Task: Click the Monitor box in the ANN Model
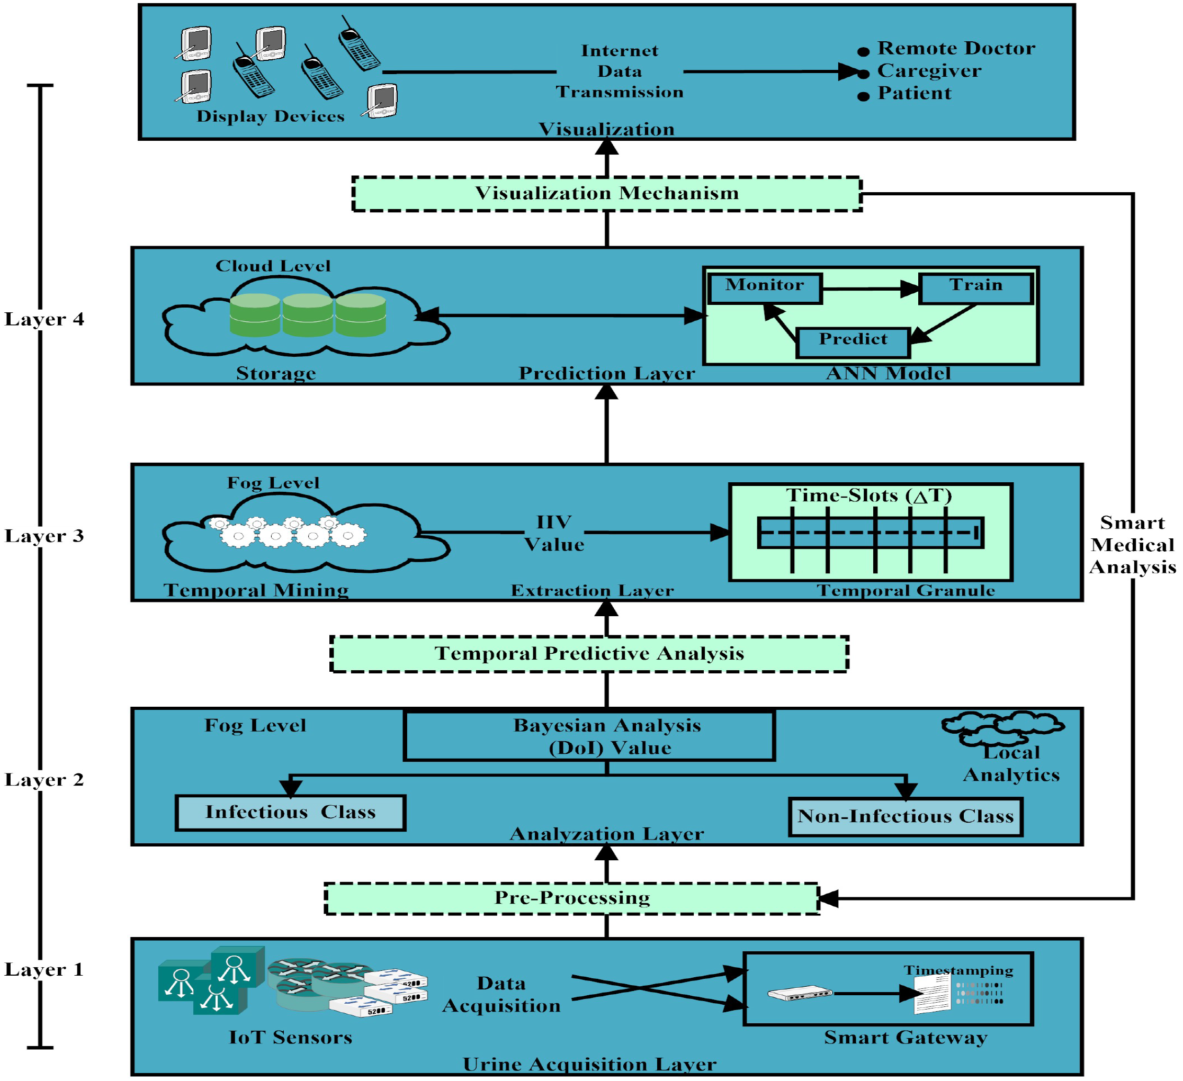765,288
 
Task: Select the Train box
975,288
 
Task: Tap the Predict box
853,342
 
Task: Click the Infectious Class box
290,813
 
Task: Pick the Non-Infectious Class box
905,816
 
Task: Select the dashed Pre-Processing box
571,898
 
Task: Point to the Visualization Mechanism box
606,194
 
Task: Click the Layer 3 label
44,536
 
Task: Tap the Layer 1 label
44,969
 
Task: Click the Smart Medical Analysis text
1132,545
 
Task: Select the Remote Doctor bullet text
955,48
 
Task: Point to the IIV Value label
554,533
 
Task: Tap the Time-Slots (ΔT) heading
868,496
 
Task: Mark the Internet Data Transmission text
619,71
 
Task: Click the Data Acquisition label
501,994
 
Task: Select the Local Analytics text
1011,764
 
